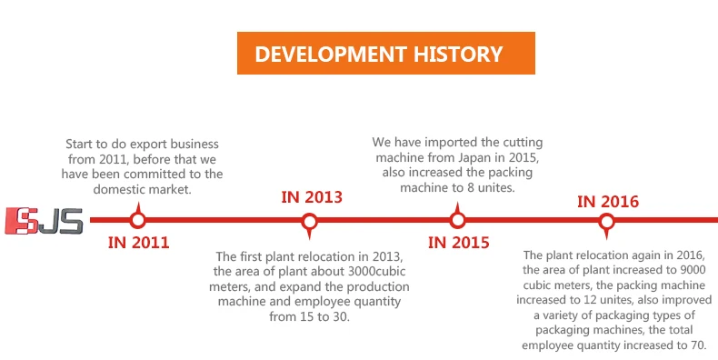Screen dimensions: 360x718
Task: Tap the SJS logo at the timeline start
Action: point(44,219)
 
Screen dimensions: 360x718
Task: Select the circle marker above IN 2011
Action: point(137,219)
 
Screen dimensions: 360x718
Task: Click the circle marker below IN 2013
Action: point(309,220)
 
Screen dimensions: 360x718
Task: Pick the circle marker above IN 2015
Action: point(458,219)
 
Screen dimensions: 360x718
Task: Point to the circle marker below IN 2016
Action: point(607,220)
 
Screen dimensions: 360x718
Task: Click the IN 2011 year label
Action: point(138,243)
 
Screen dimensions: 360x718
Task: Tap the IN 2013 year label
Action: point(311,197)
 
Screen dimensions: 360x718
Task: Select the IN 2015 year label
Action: point(458,243)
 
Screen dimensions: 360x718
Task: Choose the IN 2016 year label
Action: point(608,201)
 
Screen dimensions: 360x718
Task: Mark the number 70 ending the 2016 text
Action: point(707,345)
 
